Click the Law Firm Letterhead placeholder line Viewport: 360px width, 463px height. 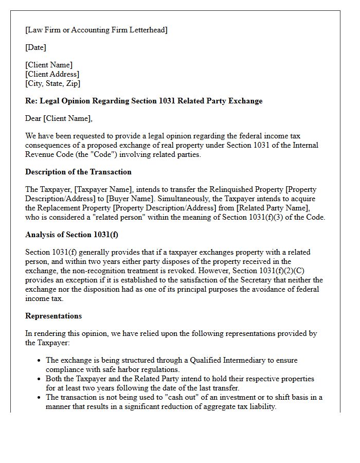[x=96, y=30]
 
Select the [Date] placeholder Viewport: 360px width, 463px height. [x=35, y=47]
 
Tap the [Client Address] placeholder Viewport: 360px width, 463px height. [x=52, y=74]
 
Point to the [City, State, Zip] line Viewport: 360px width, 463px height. [x=52, y=83]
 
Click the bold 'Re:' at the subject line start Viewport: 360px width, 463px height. [x=31, y=101]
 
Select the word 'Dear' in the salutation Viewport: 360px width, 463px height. [x=33, y=118]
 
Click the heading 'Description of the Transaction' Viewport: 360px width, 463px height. [x=78, y=172]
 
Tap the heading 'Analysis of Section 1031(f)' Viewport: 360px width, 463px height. [x=73, y=235]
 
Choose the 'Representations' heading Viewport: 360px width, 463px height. [x=53, y=316]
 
